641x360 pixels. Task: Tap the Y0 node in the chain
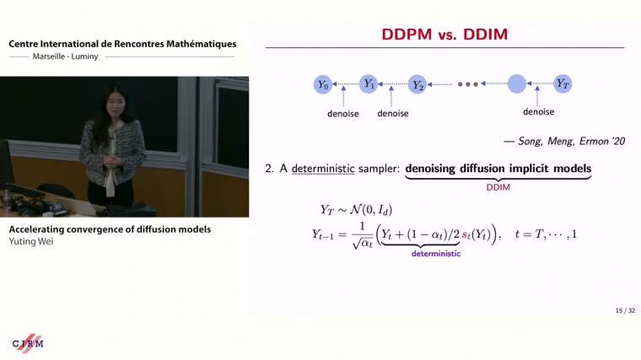click(321, 84)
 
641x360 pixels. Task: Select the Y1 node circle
click(369, 83)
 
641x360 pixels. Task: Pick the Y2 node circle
click(417, 84)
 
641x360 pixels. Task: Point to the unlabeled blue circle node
click(516, 84)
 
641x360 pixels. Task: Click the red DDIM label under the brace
click(498, 187)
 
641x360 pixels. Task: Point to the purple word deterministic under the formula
click(436, 252)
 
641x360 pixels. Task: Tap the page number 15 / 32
click(624, 312)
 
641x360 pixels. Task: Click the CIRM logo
click(28, 343)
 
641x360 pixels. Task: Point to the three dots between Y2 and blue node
click(467, 84)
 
